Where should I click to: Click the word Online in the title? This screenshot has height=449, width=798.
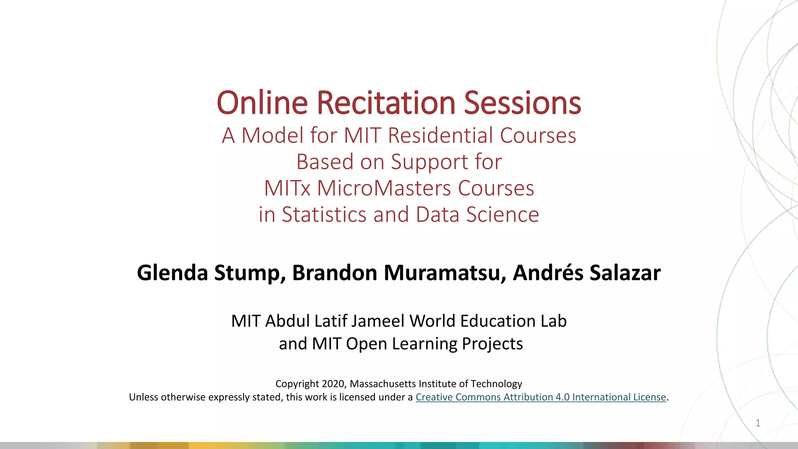262,103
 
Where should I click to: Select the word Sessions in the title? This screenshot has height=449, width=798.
522,103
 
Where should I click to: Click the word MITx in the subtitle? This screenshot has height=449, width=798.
287,188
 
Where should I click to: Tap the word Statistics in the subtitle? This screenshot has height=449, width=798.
324,215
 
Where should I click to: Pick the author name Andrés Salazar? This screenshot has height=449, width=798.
586,273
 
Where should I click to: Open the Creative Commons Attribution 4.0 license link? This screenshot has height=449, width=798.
540,397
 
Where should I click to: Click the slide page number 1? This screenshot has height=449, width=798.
758,423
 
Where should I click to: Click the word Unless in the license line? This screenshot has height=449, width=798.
143,397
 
